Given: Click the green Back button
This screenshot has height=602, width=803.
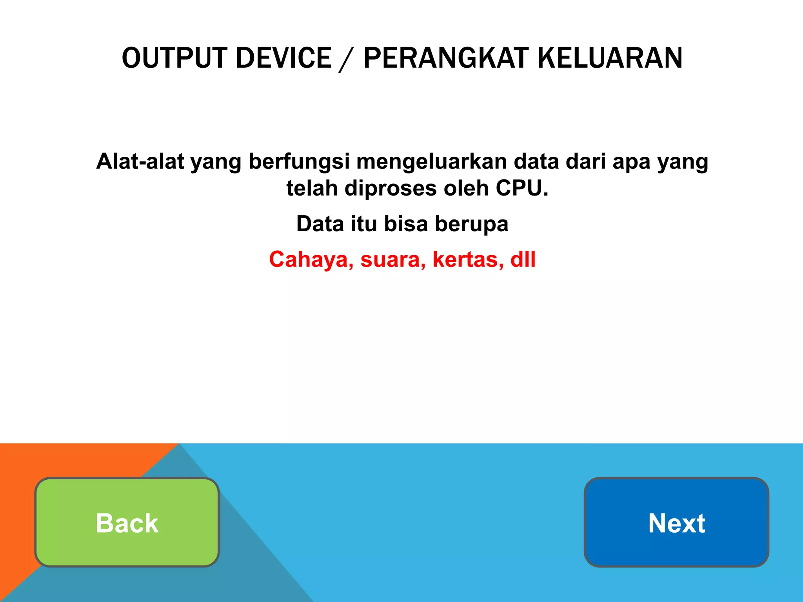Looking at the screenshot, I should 127,522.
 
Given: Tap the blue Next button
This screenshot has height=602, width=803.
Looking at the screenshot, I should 676,522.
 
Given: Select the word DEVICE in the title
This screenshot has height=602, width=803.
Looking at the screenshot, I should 284,58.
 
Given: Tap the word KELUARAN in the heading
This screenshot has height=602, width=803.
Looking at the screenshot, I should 610,58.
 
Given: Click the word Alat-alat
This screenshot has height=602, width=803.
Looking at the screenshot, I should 140,161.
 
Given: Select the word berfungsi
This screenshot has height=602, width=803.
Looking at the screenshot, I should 299,161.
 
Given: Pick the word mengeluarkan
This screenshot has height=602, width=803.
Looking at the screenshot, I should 432,161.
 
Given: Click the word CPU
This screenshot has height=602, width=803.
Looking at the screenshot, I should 521,188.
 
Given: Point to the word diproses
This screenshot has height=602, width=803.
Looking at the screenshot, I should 391,188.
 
